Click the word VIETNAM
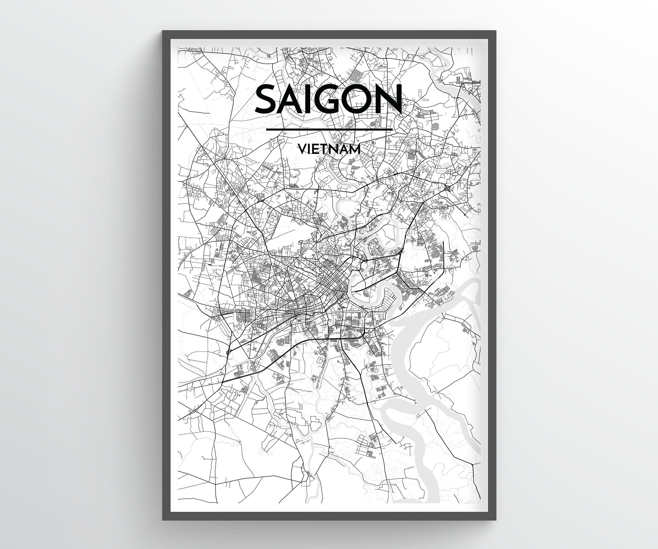click(329, 150)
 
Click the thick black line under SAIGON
click(329, 129)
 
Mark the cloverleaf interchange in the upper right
click(448, 188)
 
